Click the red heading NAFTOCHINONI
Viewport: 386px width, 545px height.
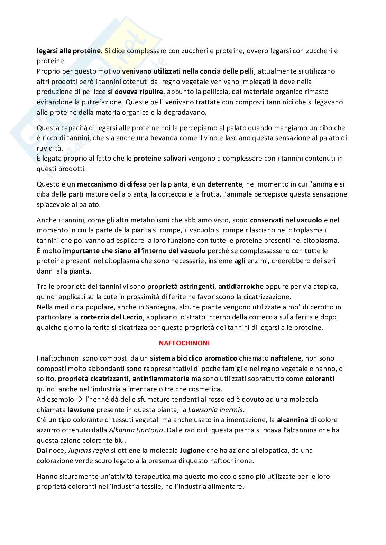[x=184, y=343]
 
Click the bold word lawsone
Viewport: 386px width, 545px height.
[x=80, y=410]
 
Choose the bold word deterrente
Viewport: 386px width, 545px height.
[x=225, y=184]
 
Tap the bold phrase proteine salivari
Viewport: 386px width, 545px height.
[x=160, y=159]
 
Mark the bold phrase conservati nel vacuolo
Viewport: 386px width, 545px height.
[x=286, y=220]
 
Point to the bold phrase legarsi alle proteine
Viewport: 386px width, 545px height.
[x=70, y=51]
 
